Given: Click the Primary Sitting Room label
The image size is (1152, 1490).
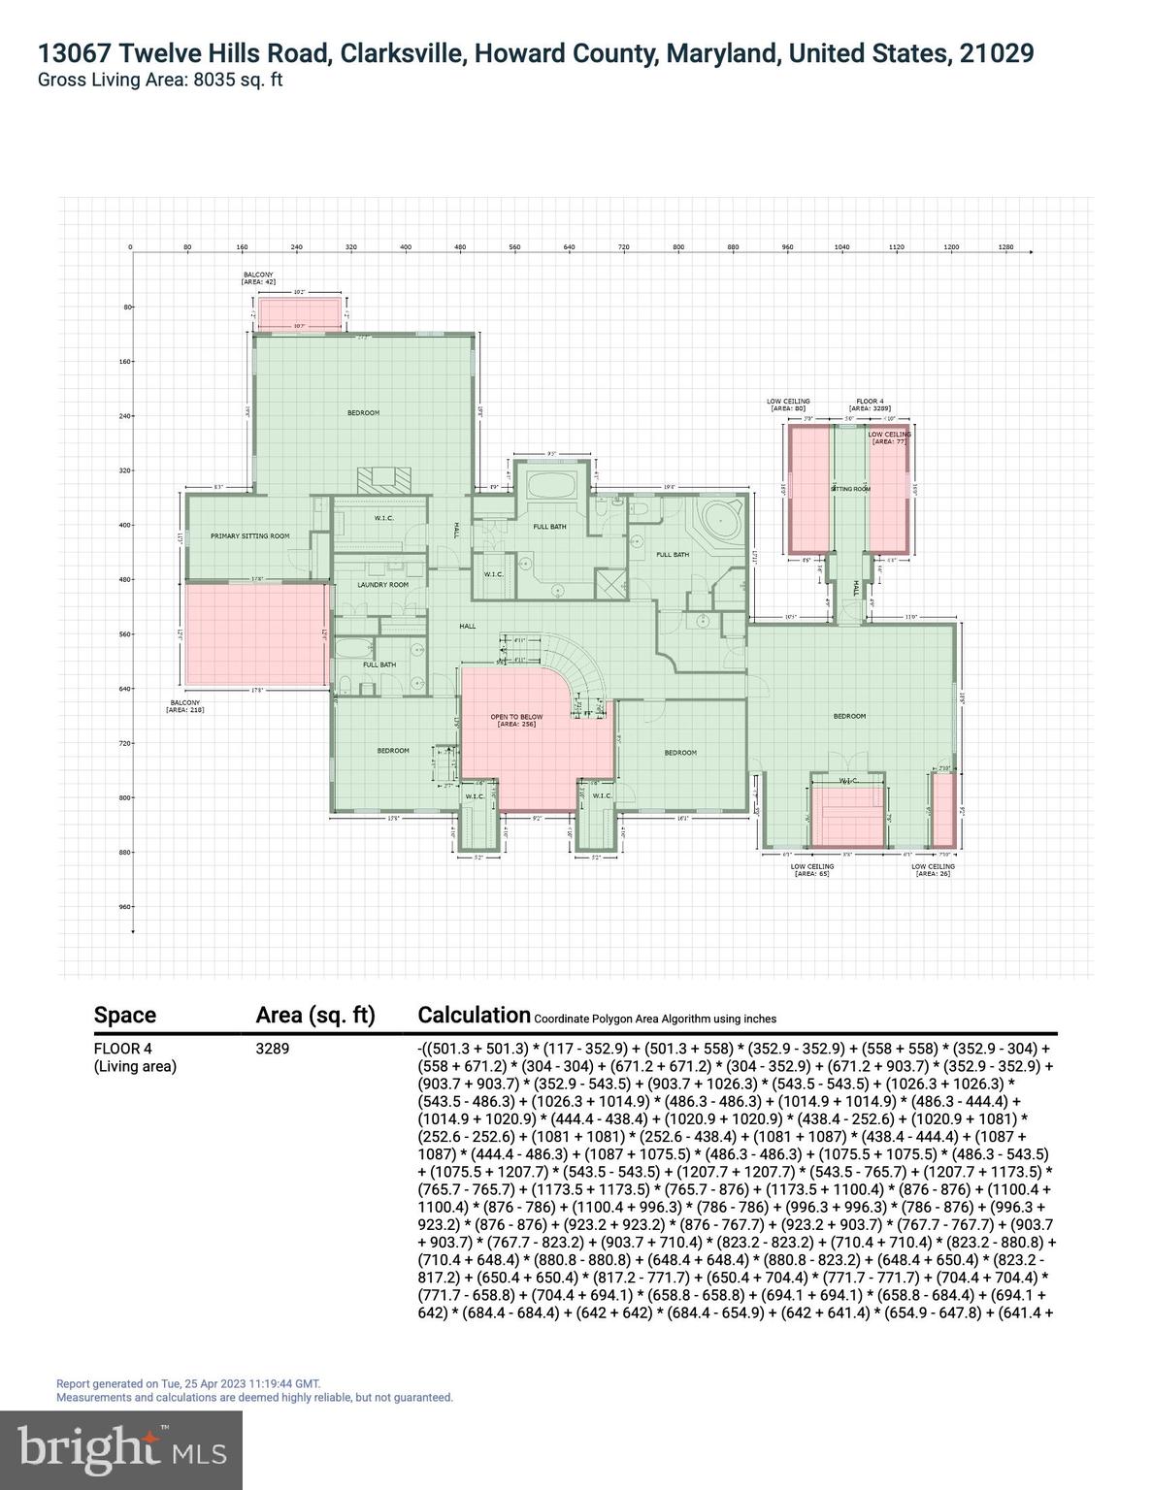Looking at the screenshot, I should click(250, 535).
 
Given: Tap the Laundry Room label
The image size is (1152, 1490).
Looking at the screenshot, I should click(383, 585).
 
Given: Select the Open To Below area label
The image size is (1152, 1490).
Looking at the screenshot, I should click(516, 721).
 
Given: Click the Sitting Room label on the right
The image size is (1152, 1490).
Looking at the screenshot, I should click(850, 489).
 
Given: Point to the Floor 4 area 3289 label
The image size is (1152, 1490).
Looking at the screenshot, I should click(869, 405).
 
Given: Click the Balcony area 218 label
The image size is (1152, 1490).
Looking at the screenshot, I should click(184, 705).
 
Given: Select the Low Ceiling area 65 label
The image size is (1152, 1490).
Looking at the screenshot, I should click(811, 870).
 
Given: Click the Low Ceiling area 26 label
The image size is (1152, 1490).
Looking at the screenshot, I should click(933, 870).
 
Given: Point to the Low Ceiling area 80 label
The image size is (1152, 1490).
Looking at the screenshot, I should click(788, 405).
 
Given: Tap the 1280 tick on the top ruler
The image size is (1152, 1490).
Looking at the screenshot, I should click(1005, 247).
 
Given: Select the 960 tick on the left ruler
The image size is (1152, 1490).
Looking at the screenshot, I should click(124, 907).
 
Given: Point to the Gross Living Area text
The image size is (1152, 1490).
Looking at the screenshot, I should click(160, 81).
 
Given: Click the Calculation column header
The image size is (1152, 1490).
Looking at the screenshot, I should click(474, 1015).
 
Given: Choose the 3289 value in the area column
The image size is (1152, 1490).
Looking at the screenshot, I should click(273, 1049).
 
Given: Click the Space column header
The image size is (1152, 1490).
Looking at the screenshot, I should click(125, 1016).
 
